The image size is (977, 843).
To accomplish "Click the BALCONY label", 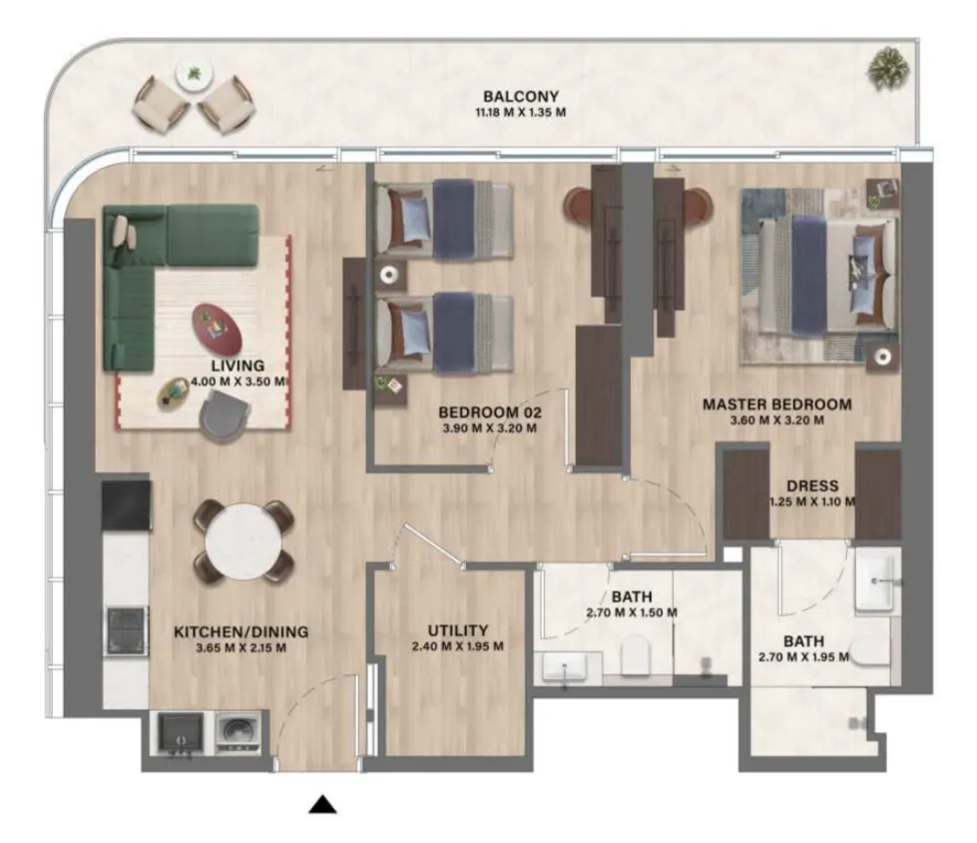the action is [521, 97].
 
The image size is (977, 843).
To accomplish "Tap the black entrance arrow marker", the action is [322, 805].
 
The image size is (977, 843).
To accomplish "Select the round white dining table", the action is [244, 541].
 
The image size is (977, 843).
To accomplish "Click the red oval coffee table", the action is [217, 328].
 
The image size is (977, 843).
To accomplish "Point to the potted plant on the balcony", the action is [886, 69].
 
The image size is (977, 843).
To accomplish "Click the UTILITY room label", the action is [458, 630].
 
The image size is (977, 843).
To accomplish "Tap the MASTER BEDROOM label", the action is [777, 405].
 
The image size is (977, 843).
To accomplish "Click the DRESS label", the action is [812, 485].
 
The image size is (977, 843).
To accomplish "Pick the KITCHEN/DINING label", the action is [241, 631].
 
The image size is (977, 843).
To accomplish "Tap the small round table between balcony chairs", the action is [195, 74].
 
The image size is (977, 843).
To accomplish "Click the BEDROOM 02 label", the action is [490, 413].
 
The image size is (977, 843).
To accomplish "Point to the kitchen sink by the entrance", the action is [181, 733].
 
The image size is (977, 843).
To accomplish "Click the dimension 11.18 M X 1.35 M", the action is [521, 113].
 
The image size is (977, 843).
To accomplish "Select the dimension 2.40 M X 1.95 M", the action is [458, 646].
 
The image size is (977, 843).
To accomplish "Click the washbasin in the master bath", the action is [877, 582].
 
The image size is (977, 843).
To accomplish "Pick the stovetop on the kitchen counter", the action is [127, 630].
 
